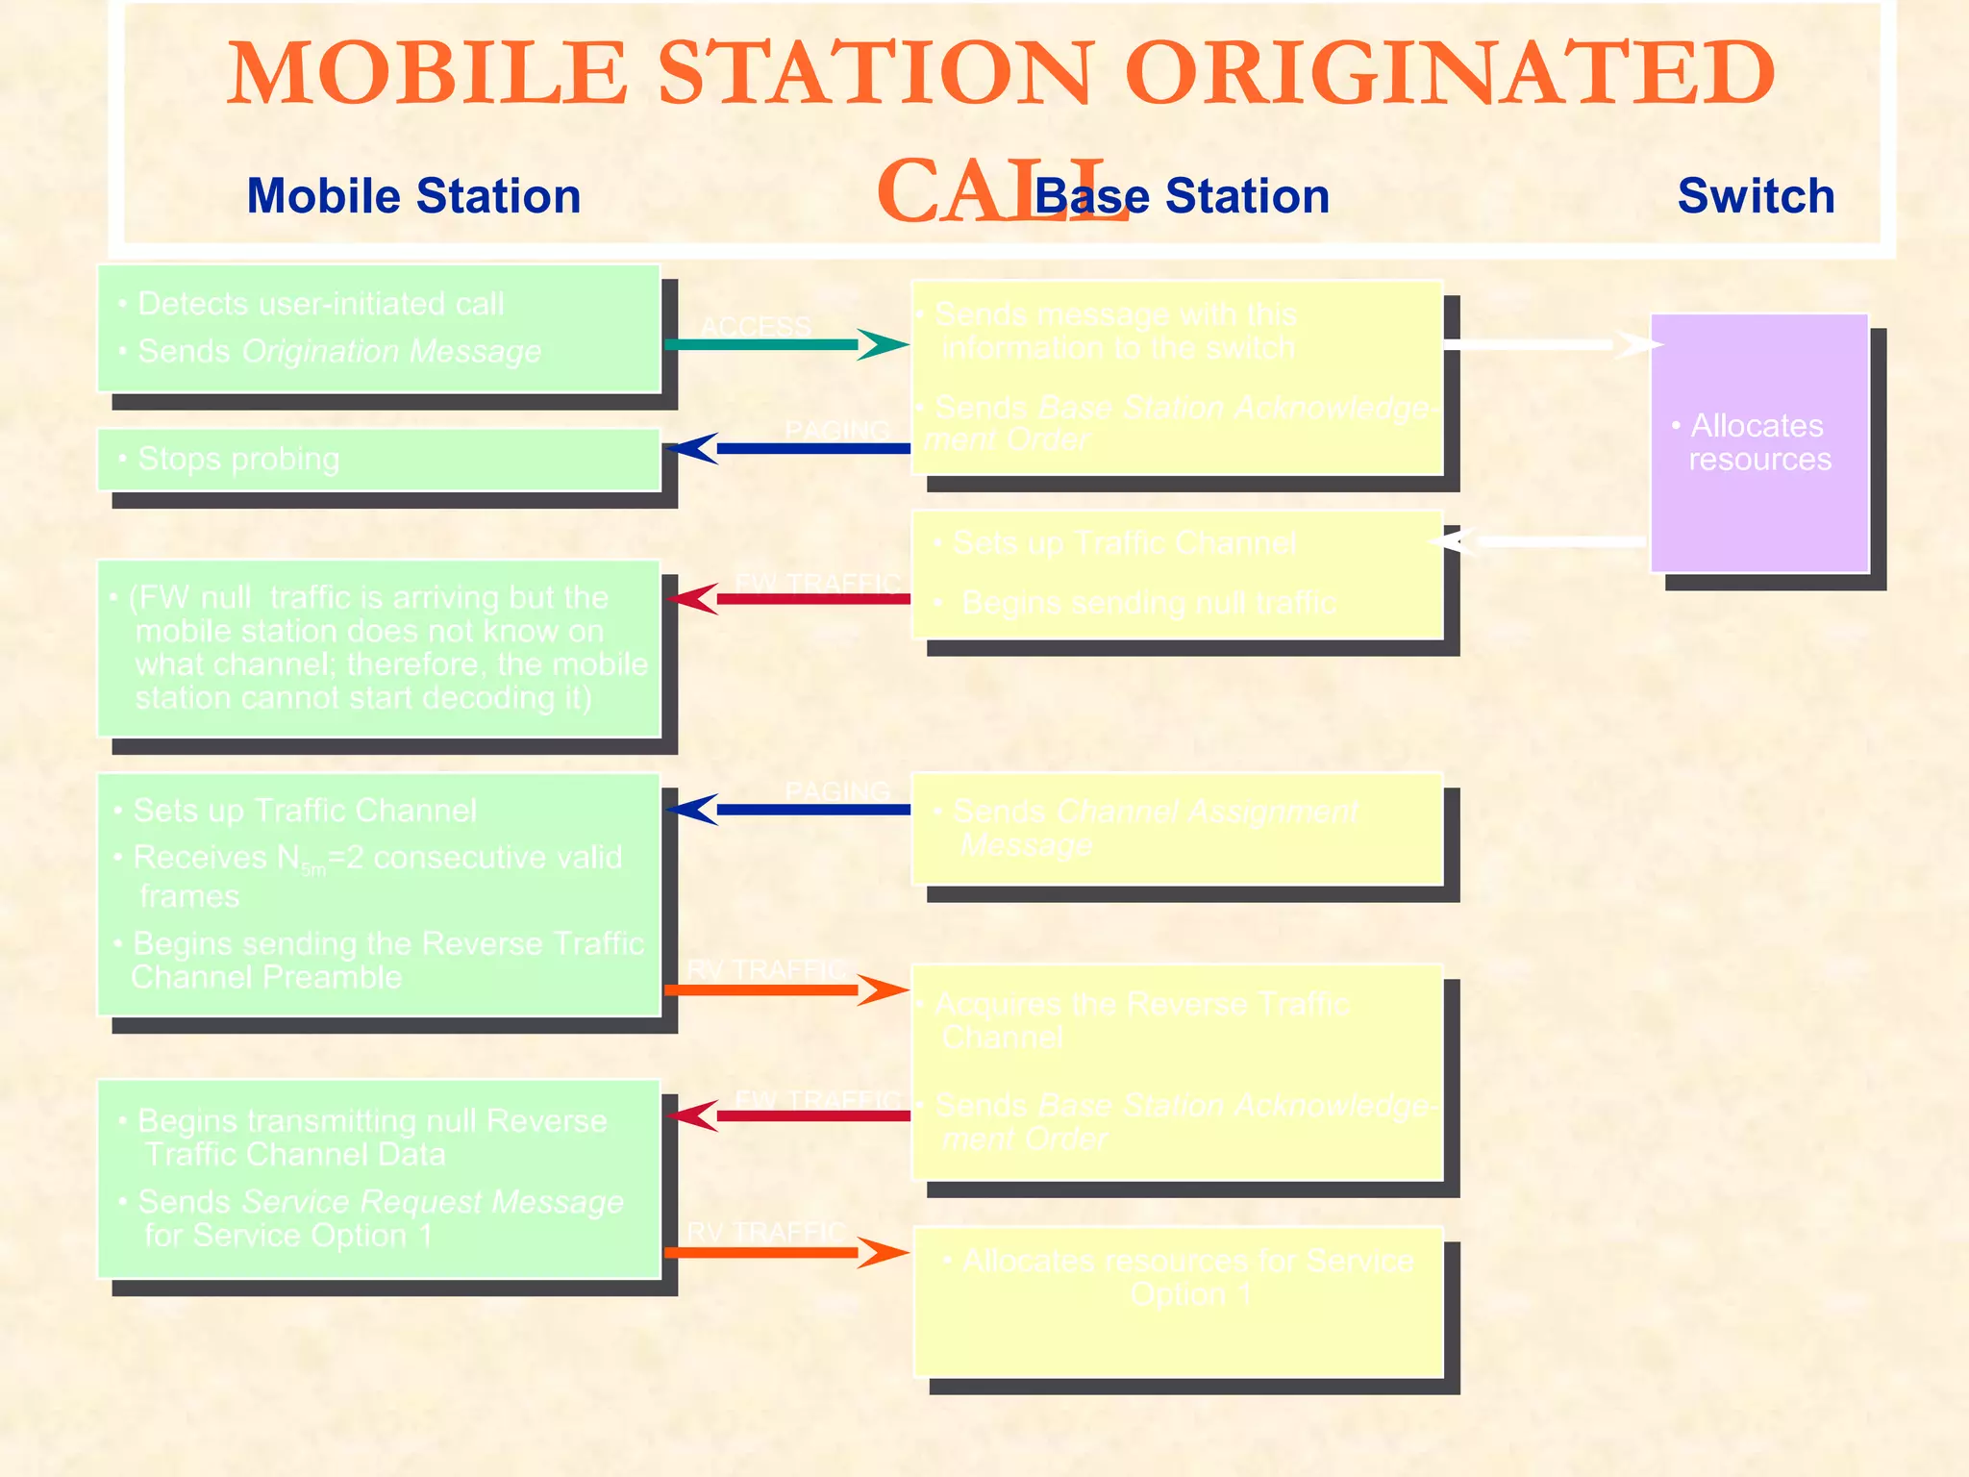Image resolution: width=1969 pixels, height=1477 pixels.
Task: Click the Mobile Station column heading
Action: (x=413, y=196)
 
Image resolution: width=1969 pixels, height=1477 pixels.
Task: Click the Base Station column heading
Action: (x=1182, y=196)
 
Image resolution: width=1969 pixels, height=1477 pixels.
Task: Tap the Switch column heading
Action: (x=1756, y=196)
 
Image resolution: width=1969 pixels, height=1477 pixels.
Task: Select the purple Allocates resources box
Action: (x=1759, y=442)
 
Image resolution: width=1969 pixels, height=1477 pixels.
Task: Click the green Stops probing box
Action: (x=379, y=460)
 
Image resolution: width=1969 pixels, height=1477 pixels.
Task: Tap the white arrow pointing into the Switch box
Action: (x=1548, y=344)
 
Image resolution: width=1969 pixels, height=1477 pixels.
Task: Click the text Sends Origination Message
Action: (x=339, y=351)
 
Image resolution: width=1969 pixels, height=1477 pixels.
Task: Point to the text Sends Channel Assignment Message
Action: (x=1154, y=828)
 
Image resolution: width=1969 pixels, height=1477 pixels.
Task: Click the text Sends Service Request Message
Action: (x=381, y=1202)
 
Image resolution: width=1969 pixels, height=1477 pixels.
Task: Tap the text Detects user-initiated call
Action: (x=320, y=304)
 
